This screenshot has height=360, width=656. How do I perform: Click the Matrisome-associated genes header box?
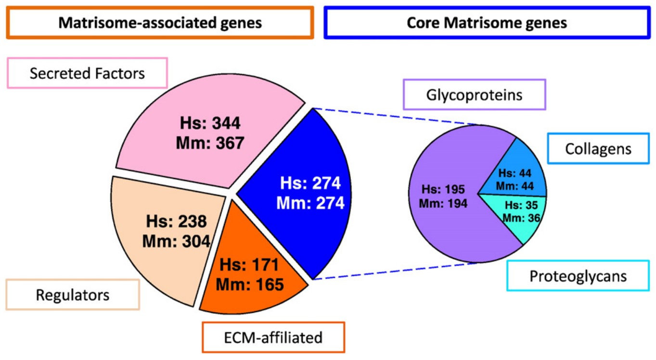click(x=160, y=23)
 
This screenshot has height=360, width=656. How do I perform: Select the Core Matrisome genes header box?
click(x=487, y=23)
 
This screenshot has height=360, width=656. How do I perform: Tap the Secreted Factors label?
click(x=87, y=74)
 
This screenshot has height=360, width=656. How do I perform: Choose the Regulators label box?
click(x=73, y=294)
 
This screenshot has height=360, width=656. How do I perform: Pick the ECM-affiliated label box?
click(x=273, y=337)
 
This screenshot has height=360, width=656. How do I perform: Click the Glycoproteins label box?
click(x=474, y=94)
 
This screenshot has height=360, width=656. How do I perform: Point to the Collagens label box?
click(x=598, y=149)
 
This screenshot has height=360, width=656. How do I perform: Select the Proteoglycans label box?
click(x=578, y=276)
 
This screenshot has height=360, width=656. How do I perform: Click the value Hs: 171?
click(x=249, y=265)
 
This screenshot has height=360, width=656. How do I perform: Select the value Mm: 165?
click(x=249, y=284)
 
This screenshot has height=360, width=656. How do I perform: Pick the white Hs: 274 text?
click(x=310, y=183)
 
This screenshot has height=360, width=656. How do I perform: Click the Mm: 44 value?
click(x=515, y=186)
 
